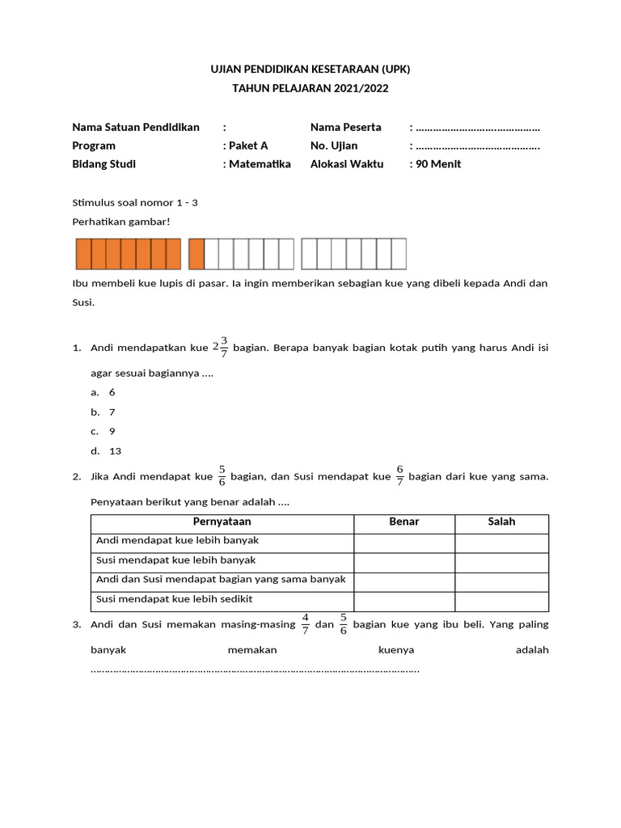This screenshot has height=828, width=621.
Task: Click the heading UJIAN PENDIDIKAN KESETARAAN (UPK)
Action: pyautogui.click(x=310, y=70)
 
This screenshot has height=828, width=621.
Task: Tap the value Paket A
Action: pyautogui.click(x=247, y=146)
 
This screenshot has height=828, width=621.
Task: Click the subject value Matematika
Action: pyautogui.click(x=260, y=164)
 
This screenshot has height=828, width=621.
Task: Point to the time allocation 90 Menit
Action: pyautogui.click(x=438, y=164)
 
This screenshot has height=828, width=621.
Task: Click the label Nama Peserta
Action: pyautogui.click(x=345, y=127)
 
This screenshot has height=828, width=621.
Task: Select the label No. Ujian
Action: pyautogui.click(x=334, y=146)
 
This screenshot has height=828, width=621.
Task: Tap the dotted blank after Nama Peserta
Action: pyautogui.click(x=478, y=128)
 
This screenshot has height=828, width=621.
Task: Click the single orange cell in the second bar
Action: pyautogui.click(x=196, y=254)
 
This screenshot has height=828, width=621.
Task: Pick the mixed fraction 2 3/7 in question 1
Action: pyautogui.click(x=220, y=347)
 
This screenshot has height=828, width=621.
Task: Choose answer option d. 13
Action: pyautogui.click(x=111, y=451)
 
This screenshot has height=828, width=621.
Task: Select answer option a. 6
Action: pyautogui.click(x=108, y=392)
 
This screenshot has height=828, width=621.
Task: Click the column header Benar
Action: pyautogui.click(x=404, y=522)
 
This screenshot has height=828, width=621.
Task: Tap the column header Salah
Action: pyautogui.click(x=501, y=522)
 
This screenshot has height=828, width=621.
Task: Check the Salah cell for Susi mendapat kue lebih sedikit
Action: pyautogui.click(x=501, y=602)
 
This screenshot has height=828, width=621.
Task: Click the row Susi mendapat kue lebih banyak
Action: pyautogui.click(x=176, y=560)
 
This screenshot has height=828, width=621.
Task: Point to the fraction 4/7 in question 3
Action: pyautogui.click(x=306, y=623)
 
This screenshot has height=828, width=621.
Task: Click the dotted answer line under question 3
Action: pyautogui.click(x=255, y=670)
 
